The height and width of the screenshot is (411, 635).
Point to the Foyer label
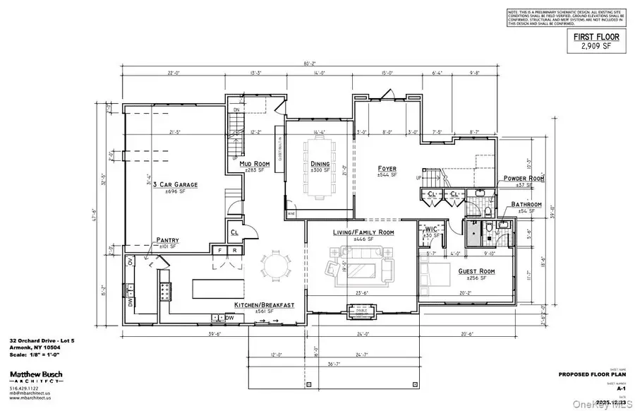coord(386,169)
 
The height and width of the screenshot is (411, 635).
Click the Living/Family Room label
coord(363,232)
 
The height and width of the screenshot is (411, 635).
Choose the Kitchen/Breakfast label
coord(264,305)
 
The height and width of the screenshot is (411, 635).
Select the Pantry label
coord(168,240)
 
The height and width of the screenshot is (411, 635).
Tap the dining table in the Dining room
coord(320,170)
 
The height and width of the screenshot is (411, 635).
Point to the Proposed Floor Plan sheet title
coord(589,374)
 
